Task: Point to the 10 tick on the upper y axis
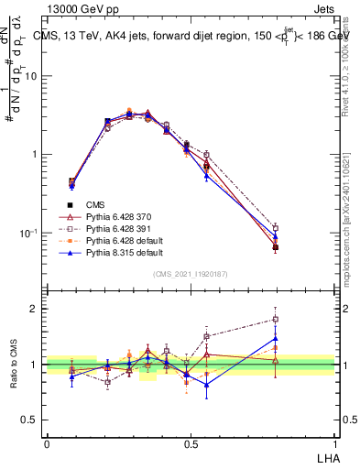pos(34,76)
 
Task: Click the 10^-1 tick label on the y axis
pos(31,233)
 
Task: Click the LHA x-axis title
pos(326,456)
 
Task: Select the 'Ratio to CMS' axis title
pos(13,365)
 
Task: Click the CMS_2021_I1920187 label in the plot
pos(190,274)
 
